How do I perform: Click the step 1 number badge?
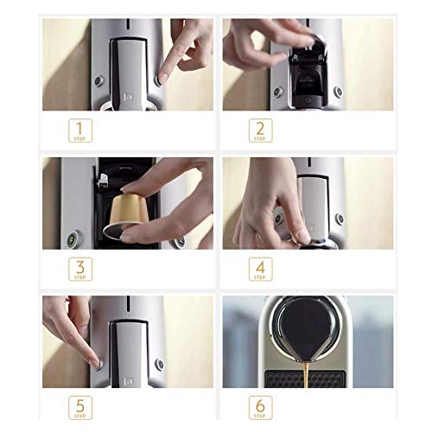coord(79,131)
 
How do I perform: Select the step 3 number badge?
coord(79,270)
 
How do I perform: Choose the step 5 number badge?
coord(79,409)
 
